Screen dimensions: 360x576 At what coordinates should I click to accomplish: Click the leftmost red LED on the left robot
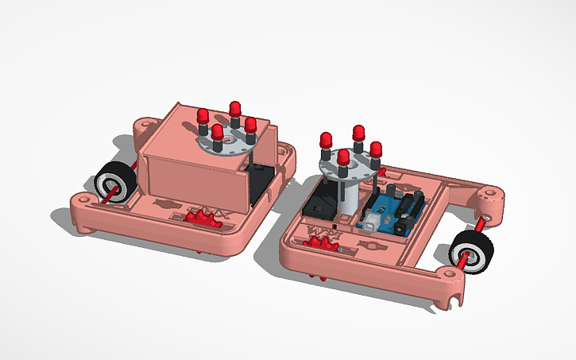203,117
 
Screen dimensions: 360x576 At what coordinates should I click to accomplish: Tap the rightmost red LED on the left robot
250,124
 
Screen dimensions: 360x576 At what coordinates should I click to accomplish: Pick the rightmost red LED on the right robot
376,149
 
